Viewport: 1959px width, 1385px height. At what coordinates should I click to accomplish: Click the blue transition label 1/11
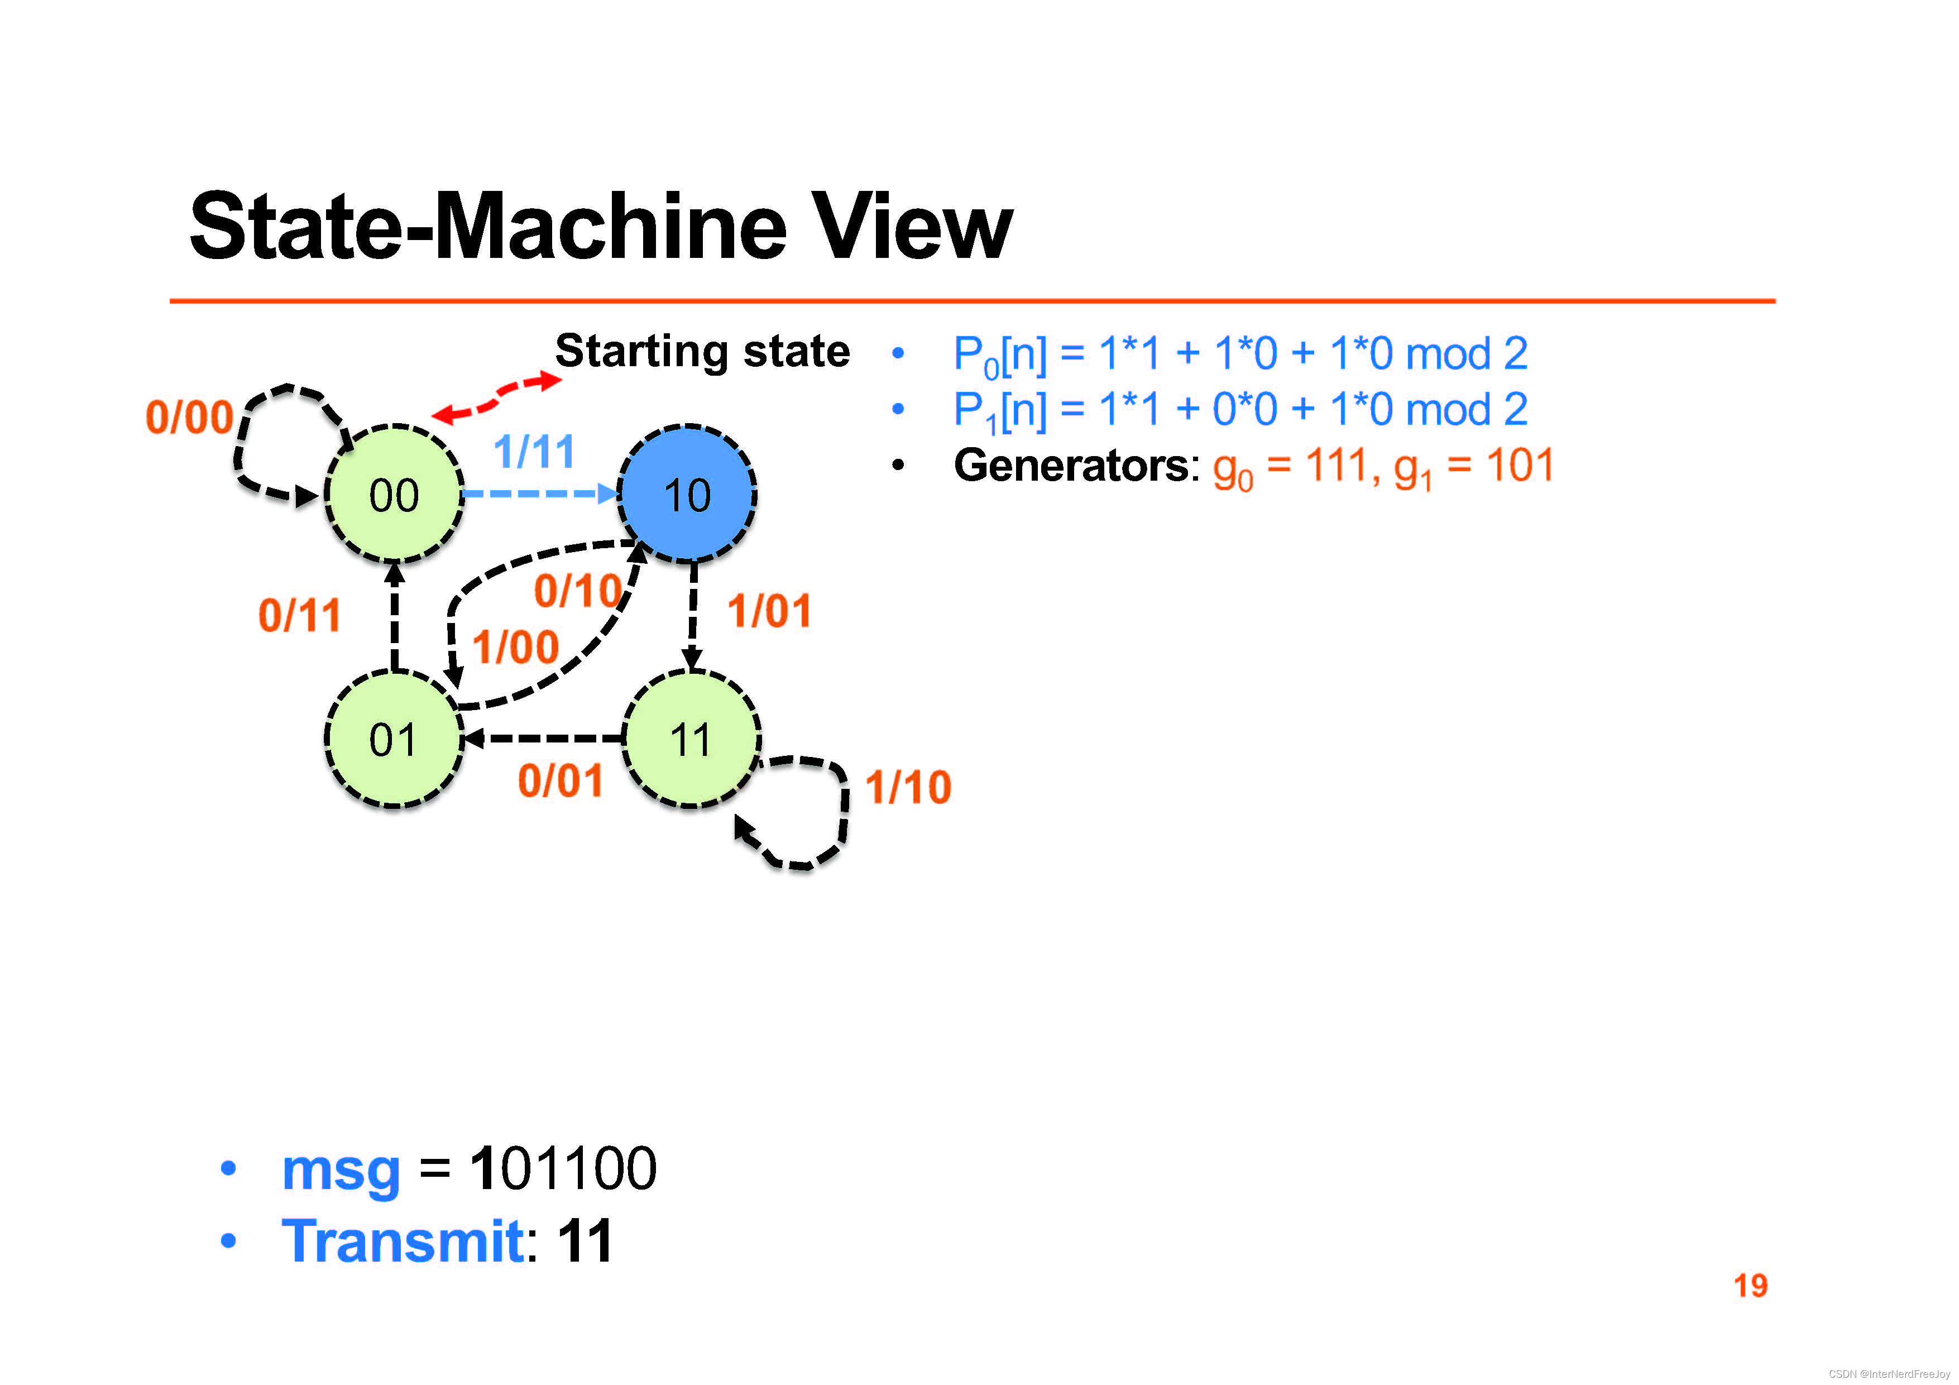534,452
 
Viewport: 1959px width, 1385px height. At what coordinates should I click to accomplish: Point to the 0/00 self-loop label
189,418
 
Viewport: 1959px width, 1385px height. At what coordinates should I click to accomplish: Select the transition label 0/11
299,615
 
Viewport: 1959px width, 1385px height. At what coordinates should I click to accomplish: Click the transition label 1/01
769,611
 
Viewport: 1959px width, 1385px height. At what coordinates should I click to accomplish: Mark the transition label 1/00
515,647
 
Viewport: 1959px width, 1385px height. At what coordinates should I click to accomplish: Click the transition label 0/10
578,591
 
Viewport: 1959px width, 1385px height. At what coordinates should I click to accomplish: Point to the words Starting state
702,351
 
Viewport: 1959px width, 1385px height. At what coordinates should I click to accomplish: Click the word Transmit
403,1241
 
